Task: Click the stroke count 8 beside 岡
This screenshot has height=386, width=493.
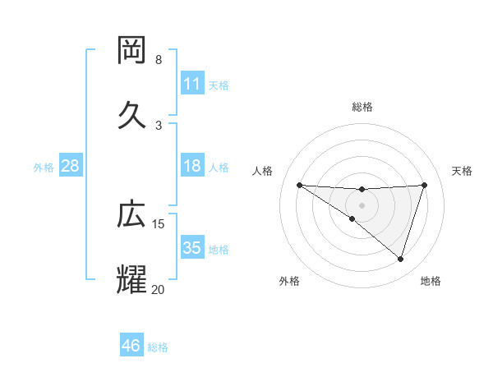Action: point(159,60)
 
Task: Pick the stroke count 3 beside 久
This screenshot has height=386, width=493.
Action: point(159,125)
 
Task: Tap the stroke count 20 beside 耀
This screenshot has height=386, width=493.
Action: point(159,289)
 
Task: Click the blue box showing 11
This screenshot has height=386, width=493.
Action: point(192,83)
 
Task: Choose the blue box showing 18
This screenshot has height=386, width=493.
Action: point(192,166)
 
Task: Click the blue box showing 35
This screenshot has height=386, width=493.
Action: point(192,248)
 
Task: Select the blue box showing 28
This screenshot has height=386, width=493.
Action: point(71,166)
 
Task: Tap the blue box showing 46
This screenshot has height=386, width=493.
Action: point(131,346)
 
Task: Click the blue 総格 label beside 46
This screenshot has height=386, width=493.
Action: point(158,347)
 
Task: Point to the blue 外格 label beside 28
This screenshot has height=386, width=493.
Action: point(44,167)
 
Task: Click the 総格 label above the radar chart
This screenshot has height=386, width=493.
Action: point(362,107)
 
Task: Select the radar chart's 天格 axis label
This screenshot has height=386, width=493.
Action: point(462,171)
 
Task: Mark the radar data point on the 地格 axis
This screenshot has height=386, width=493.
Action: point(400,259)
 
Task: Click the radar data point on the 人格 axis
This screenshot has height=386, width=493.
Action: point(300,185)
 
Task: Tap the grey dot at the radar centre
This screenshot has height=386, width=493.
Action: point(362,204)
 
